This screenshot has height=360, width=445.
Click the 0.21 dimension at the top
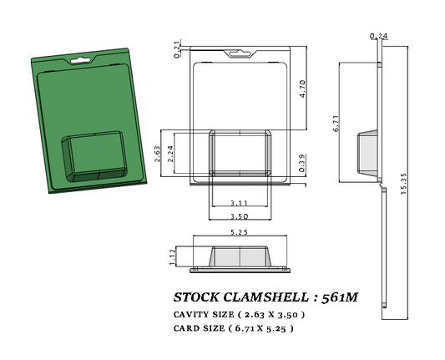[177, 52]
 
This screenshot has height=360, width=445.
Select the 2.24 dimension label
[171, 153]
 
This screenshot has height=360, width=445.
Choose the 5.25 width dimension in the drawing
[240, 231]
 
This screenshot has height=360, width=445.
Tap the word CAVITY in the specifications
[193, 314]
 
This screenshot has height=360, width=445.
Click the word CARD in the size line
[187, 328]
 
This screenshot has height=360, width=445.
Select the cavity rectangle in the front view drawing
[240, 152]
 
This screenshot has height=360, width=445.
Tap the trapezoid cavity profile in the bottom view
[240, 257]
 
